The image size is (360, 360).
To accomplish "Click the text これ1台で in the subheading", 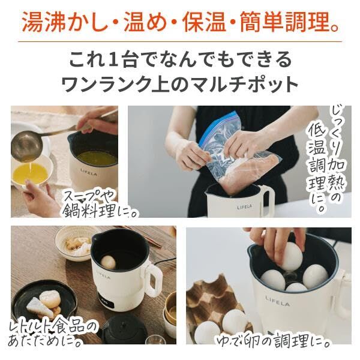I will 114,59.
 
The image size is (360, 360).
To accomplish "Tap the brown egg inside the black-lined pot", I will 109,262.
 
